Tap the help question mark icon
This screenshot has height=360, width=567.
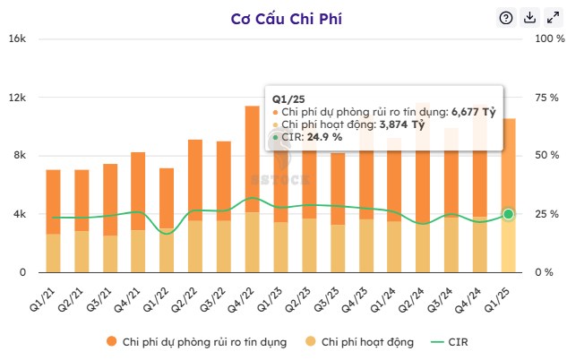[x=505, y=18]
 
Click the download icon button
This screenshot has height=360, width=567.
[x=529, y=18]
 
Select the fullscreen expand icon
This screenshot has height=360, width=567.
[x=553, y=18]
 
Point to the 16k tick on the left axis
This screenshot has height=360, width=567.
[x=17, y=39]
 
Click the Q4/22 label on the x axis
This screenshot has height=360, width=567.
[x=245, y=292]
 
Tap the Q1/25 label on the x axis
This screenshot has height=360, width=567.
[x=501, y=292]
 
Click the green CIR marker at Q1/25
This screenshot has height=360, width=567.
[x=508, y=214]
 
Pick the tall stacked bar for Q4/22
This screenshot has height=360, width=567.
[x=253, y=188]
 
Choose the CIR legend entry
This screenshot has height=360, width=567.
[x=457, y=341]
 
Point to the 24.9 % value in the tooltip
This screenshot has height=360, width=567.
[x=324, y=137]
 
